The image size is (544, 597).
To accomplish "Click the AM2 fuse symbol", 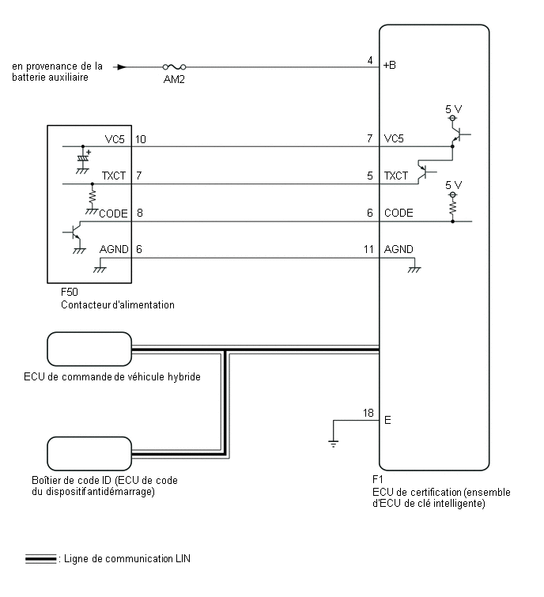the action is click(175, 67).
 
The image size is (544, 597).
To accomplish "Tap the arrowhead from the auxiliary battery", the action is click(122, 67).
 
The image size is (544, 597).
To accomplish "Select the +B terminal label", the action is click(390, 65).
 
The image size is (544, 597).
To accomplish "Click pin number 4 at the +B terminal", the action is click(370, 60).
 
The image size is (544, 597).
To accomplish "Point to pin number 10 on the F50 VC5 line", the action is click(141, 139).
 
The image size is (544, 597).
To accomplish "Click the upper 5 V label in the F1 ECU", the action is click(453, 109).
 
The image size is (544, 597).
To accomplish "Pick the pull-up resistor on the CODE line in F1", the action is click(452, 207).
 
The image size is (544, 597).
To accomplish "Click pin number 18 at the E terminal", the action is click(368, 413).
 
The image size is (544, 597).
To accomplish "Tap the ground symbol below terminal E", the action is click(333, 444).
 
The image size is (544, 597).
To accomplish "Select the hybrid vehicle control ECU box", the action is click(89, 350).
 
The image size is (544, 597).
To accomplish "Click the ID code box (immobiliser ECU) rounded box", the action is click(89, 454).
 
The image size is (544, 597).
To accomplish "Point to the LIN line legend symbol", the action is click(41, 558).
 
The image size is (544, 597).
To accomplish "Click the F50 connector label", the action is click(70, 292).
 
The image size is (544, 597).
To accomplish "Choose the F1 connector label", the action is click(378, 479).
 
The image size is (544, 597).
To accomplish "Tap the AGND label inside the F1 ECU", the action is click(399, 249).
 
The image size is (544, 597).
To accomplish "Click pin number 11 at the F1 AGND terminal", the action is click(368, 249).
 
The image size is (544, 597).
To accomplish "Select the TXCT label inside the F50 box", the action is click(113, 176).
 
